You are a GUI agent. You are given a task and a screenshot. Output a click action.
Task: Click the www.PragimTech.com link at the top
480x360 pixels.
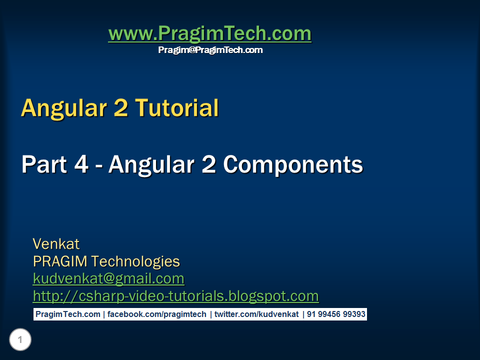tap(209, 34)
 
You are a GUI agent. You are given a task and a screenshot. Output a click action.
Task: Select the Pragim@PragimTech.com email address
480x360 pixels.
tap(210, 50)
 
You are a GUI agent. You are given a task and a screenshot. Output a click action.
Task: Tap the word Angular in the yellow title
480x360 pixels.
tap(65, 108)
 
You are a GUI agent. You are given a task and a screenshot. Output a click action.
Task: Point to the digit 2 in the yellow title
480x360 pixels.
tap(120, 108)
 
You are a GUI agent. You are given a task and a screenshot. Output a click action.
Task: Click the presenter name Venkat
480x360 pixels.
tap(56, 244)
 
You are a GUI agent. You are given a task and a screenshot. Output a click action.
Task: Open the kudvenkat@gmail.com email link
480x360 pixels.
tap(108, 278)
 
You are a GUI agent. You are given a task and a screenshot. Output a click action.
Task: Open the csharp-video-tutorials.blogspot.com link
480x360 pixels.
tap(175, 296)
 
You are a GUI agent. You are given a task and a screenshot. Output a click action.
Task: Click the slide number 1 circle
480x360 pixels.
tap(20, 340)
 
